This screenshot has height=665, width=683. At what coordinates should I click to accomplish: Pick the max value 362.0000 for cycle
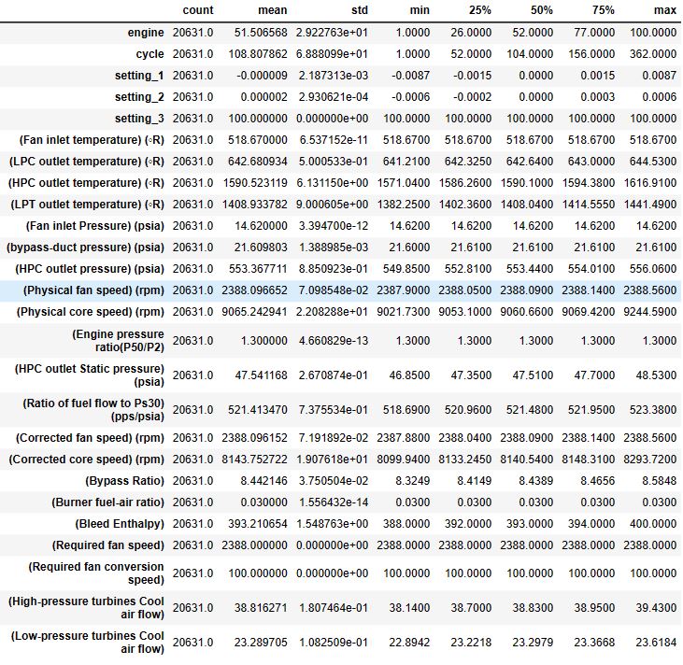(x=653, y=54)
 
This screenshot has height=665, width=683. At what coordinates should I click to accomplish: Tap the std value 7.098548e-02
(x=320, y=290)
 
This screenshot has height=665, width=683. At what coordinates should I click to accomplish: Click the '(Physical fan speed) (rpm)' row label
(x=93, y=290)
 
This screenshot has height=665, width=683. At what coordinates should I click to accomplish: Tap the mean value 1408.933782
(x=254, y=204)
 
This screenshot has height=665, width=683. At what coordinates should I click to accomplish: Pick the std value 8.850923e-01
(x=320, y=268)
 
